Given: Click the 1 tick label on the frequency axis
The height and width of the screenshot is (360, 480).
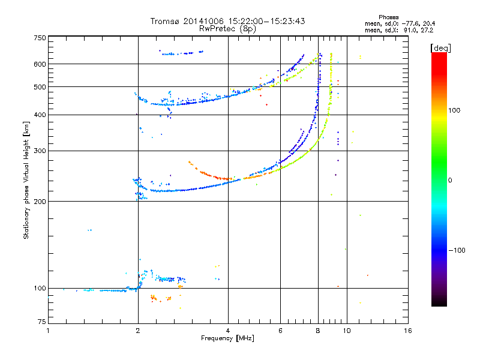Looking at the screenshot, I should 48,331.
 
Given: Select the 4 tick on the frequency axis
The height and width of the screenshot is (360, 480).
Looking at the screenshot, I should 228,331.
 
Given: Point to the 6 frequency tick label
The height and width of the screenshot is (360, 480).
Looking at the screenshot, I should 280,331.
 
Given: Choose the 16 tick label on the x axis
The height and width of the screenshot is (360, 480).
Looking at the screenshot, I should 408,331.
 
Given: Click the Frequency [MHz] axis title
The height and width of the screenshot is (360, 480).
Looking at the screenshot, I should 227,338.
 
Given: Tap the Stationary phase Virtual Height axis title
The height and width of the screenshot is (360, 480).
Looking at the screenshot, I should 26,180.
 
